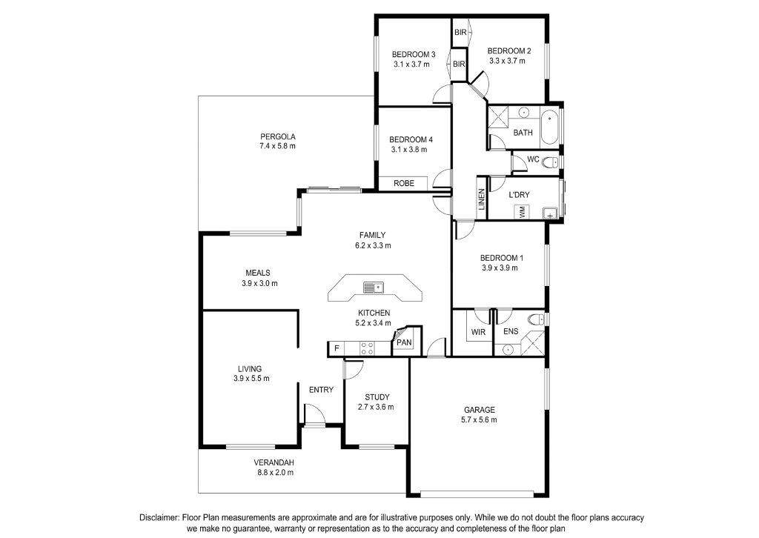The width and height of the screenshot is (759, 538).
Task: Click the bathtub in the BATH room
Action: (549, 127)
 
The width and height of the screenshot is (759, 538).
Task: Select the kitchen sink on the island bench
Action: (374, 288)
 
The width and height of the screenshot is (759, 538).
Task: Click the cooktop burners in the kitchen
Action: (366, 348)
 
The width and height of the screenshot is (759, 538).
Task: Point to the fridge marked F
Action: (337, 348)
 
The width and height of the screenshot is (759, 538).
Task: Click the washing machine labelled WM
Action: (522, 211)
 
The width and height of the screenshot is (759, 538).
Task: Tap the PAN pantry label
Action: (404, 342)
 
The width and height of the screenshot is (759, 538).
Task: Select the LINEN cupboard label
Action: (482, 199)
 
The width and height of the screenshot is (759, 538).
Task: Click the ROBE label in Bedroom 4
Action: (404, 183)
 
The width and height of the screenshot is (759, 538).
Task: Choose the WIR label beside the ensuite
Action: (478, 333)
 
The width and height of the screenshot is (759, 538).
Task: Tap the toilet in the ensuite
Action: (535, 319)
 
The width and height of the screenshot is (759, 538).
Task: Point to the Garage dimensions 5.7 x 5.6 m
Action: (480, 420)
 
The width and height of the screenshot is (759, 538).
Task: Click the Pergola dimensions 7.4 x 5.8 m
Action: (277, 146)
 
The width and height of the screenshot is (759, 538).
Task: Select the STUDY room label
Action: (377, 397)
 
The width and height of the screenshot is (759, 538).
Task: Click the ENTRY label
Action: (321, 390)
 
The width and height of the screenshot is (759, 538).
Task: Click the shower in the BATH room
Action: (497, 118)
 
